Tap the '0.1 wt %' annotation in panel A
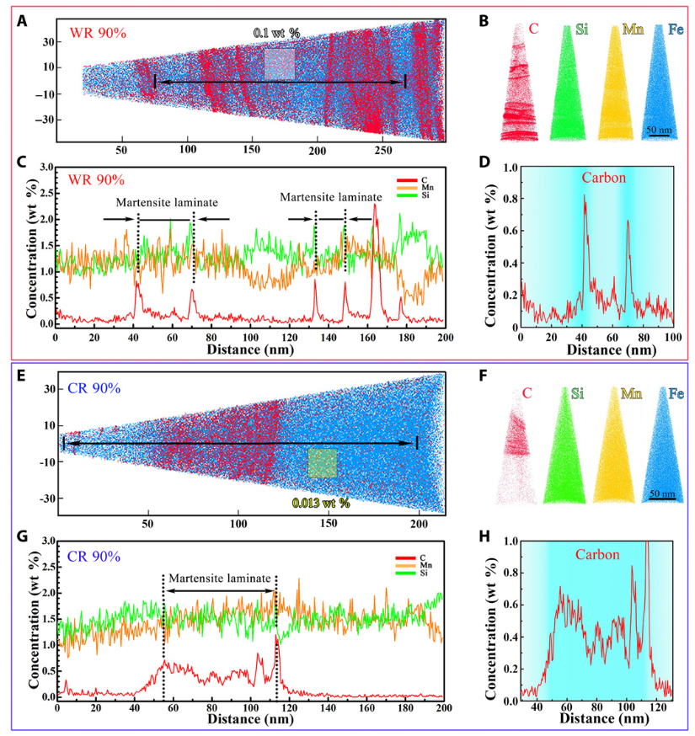pos(277,33)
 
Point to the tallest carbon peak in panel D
pos(585,196)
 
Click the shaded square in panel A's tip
pos(280,64)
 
